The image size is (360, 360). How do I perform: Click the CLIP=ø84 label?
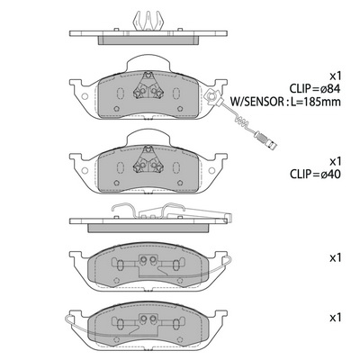tap(315, 89)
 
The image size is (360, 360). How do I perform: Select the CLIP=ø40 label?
tap(315, 175)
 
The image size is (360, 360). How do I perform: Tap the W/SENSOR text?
tap(256, 102)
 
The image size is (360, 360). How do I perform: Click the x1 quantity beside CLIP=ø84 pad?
tap(335, 76)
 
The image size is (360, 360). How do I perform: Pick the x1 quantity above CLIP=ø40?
tap(335, 162)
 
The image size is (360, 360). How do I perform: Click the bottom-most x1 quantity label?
tap(335, 318)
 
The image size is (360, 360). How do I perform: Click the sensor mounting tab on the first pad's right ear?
tap(211, 96)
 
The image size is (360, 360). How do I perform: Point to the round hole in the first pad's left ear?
tap(85, 96)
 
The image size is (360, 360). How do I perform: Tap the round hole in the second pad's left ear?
tap(85, 171)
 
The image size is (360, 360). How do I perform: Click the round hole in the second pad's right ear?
tap(211, 171)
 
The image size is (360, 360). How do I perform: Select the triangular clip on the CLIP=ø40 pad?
tap(148, 160)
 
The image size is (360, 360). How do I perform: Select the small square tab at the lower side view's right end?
tap(229, 217)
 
